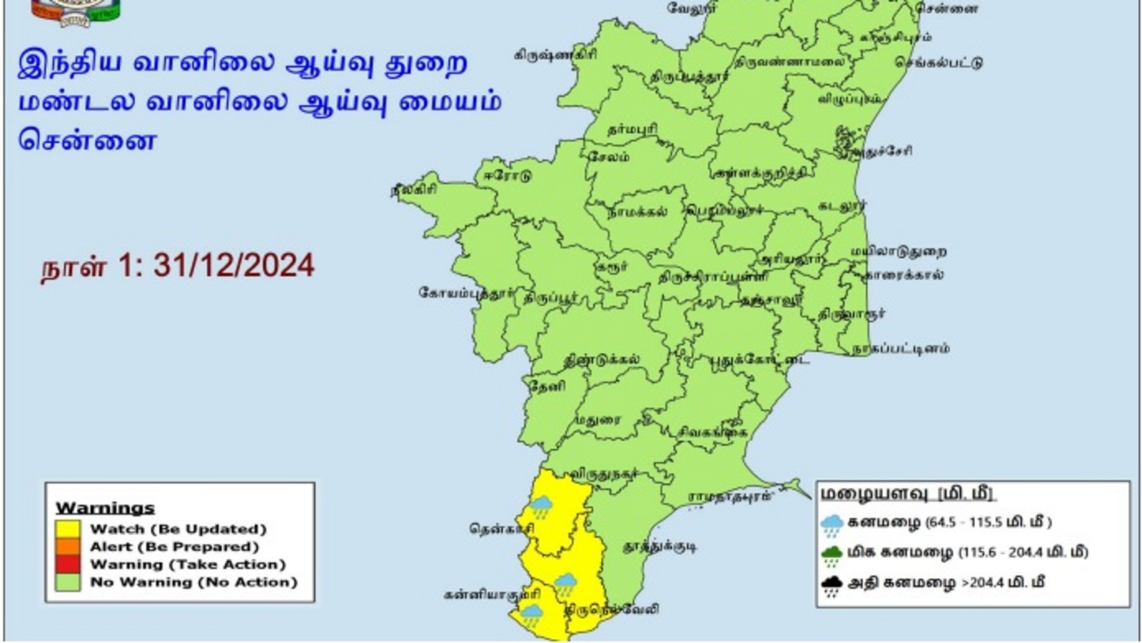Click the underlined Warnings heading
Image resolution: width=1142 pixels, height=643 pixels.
105,508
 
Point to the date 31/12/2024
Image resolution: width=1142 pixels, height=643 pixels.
233,266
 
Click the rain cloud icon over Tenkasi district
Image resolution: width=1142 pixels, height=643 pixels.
541,507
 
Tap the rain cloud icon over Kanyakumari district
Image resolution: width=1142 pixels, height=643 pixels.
532,614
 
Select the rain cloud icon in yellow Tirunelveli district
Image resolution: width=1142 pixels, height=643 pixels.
566,583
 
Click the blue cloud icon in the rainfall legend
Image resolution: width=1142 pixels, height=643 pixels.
832,525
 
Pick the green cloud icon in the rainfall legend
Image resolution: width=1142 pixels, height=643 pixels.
832,555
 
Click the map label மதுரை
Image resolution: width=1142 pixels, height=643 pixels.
593,420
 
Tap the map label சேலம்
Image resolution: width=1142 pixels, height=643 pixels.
608,156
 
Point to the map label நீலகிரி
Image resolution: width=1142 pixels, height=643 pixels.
413,191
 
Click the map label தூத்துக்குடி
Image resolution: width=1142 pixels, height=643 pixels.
660,547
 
